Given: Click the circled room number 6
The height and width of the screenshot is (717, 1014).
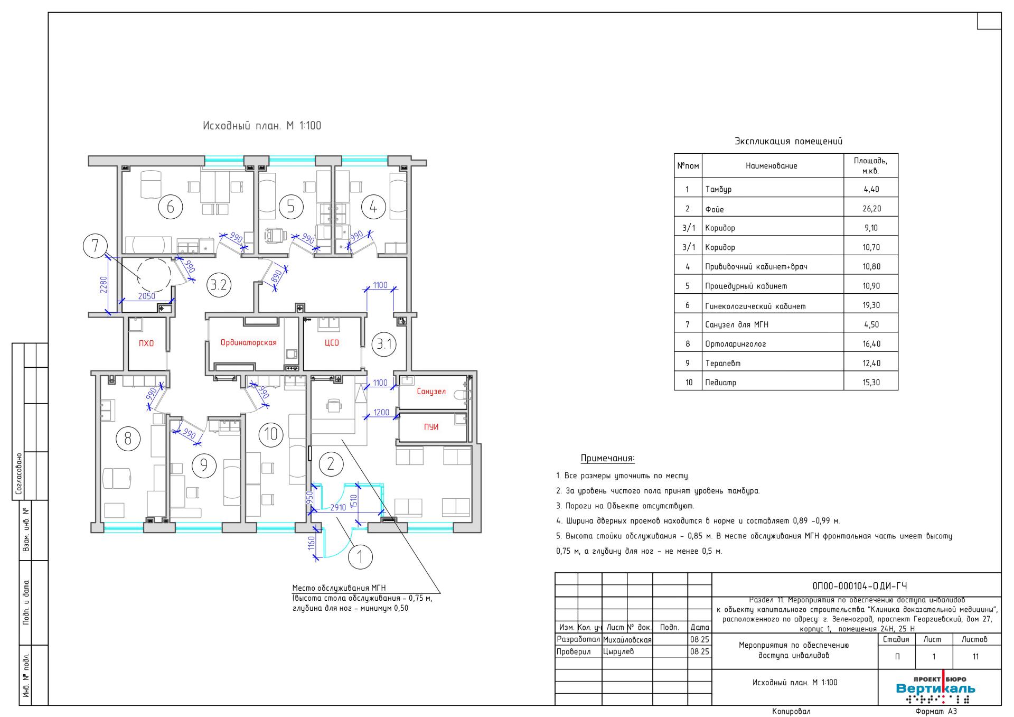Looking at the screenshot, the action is [170, 207].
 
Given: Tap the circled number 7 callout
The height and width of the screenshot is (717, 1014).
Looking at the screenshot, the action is [95, 246].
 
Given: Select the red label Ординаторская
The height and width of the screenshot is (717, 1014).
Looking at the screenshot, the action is [249, 342].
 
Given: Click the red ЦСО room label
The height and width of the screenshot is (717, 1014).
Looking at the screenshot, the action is [332, 342].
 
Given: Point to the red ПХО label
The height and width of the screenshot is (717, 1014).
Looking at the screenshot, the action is [146, 343].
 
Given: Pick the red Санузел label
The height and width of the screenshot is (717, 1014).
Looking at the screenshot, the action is [431, 392].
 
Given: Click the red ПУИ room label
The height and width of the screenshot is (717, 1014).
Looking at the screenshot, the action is [431, 427].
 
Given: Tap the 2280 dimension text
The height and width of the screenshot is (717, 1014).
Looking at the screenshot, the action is [104, 285].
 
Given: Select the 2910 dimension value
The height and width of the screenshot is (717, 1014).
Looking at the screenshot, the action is [338, 507].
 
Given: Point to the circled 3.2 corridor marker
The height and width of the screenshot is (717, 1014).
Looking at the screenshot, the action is [219, 285].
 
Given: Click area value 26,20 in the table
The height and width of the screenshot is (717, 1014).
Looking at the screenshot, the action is [871, 209].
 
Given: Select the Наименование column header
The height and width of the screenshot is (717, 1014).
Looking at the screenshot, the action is [772, 166].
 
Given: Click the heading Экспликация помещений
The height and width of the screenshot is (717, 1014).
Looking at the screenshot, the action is [788, 141].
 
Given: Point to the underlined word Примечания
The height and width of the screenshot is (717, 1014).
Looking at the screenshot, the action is [607, 458].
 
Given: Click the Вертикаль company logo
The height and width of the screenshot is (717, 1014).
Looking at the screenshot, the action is [936, 688].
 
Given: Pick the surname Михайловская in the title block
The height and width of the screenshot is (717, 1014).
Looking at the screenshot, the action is [627, 640].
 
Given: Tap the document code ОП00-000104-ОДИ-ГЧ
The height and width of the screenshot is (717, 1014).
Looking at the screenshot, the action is [859, 586].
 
